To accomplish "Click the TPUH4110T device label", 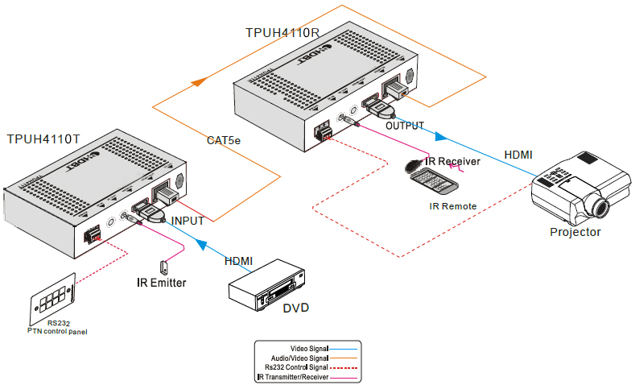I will [43, 139].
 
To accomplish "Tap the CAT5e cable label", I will [224, 141].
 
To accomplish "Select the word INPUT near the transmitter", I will [188, 219].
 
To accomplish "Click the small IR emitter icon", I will [164, 265].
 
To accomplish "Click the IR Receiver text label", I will [452, 162].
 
